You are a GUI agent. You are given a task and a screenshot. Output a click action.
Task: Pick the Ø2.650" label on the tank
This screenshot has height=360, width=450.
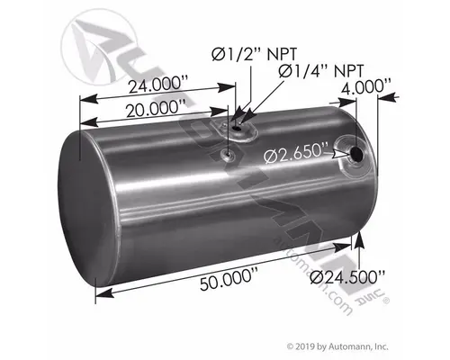point(298,159)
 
